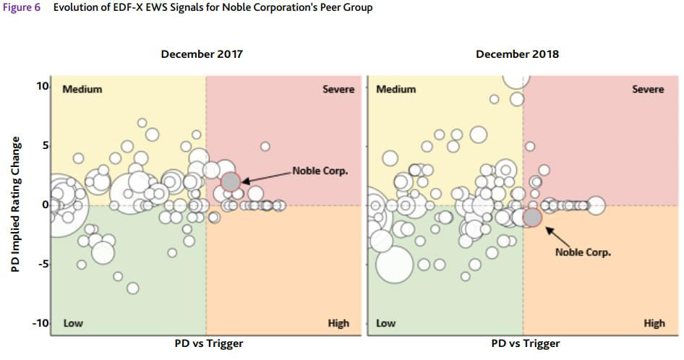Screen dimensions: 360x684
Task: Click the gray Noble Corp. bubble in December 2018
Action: click(x=532, y=217)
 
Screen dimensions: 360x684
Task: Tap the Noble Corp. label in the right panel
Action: click(x=583, y=252)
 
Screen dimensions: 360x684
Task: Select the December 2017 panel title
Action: click(x=202, y=54)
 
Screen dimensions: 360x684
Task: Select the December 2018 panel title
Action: click(x=517, y=54)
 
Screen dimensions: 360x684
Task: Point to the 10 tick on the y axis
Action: click(x=43, y=86)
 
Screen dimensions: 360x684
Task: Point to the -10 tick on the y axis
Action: click(x=40, y=322)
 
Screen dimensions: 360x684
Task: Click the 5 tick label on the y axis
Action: click(x=45, y=145)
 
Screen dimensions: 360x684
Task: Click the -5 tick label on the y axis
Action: click(x=43, y=264)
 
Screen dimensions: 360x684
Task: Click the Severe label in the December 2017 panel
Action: click(x=338, y=89)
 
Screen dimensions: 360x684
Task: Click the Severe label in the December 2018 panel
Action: click(x=647, y=89)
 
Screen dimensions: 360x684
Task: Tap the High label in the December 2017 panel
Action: click(x=338, y=323)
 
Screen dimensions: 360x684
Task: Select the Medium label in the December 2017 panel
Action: click(x=82, y=89)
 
